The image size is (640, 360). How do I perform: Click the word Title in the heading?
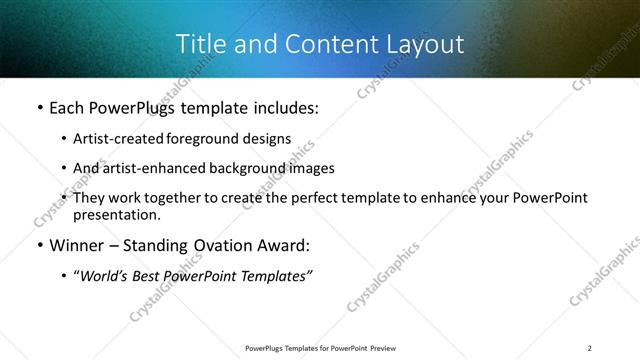[x=199, y=44]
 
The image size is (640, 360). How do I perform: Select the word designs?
[x=270, y=139]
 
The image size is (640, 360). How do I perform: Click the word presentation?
[x=116, y=215]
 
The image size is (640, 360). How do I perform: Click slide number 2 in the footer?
[x=590, y=348]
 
